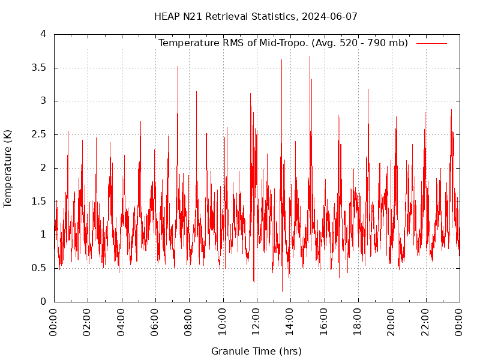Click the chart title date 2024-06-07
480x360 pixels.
[x=331, y=16]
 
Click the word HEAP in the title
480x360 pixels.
[x=166, y=16]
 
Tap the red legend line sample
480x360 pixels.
[x=431, y=43]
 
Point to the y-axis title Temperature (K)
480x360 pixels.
[x=8, y=168]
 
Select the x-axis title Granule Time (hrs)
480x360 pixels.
[x=256, y=351]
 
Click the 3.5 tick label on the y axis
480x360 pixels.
[x=39, y=68]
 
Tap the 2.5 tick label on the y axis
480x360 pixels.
[x=39, y=134]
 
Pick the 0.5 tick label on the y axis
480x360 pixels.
[x=39, y=268]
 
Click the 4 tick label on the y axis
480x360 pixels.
[x=43, y=34]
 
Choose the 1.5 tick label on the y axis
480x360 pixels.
[x=39, y=202]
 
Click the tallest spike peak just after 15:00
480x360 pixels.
[x=310, y=56]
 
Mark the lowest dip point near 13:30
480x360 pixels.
[x=282, y=292]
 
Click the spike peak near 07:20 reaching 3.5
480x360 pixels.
[x=178, y=66]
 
